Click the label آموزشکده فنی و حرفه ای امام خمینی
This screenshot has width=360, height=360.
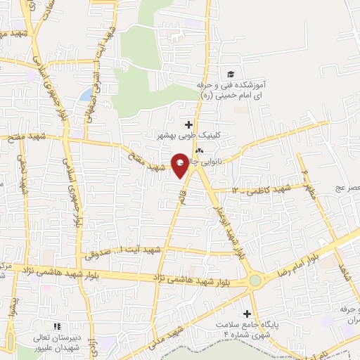(x=232, y=90)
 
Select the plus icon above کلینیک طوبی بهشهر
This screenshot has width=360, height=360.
(x=188, y=124)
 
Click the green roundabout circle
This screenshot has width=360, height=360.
(x=255, y=281)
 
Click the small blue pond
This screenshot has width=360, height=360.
(x=85, y=94)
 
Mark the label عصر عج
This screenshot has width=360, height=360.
(x=349, y=188)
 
